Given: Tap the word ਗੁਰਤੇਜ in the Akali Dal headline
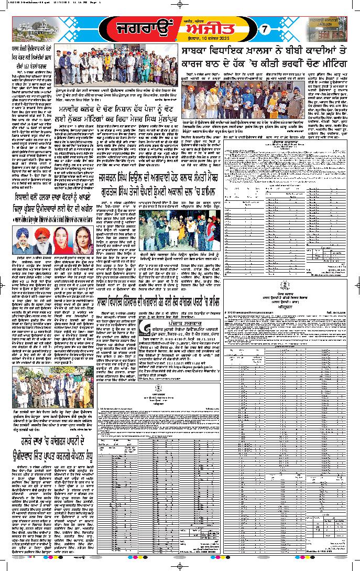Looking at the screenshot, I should [x=110, y=192].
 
